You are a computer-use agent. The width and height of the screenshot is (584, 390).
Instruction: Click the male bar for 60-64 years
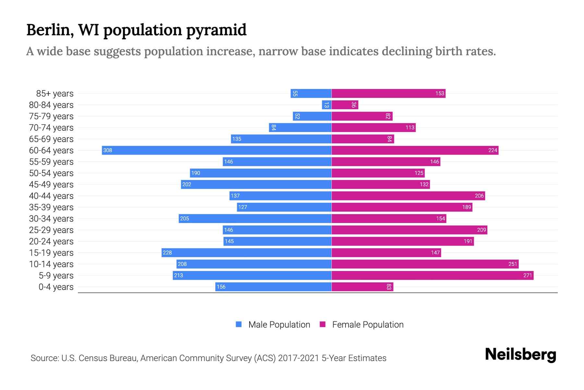tap(216, 150)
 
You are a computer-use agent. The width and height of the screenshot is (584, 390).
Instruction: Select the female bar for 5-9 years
tap(432, 275)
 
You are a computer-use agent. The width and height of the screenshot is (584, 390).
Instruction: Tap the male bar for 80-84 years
tap(326, 105)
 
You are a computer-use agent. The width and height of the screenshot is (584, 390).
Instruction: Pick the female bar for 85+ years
tap(388, 93)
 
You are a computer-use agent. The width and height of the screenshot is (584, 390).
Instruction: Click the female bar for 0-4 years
tap(362, 287)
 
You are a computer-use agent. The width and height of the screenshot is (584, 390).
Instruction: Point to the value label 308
tap(108, 150)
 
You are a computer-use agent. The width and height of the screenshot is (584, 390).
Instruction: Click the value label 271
tap(528, 275)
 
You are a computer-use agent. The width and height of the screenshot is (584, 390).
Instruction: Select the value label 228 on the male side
tap(167, 253)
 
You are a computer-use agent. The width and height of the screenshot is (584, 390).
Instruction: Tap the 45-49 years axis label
tap(51, 184)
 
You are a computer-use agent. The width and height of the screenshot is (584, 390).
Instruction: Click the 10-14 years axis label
tap(51, 264)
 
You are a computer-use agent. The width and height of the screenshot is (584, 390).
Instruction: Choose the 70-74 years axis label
tap(51, 127)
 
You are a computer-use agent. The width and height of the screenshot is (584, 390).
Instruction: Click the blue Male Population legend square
tap(239, 324)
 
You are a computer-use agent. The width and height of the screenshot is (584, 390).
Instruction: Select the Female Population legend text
tap(368, 324)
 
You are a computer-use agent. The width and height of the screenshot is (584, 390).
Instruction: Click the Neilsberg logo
tap(520, 354)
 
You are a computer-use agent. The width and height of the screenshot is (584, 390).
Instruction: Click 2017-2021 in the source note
tap(298, 358)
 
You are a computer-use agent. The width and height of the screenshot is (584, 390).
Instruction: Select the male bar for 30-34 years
tap(255, 218)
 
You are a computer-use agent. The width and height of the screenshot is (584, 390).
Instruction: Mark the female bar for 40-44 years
tap(408, 196)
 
